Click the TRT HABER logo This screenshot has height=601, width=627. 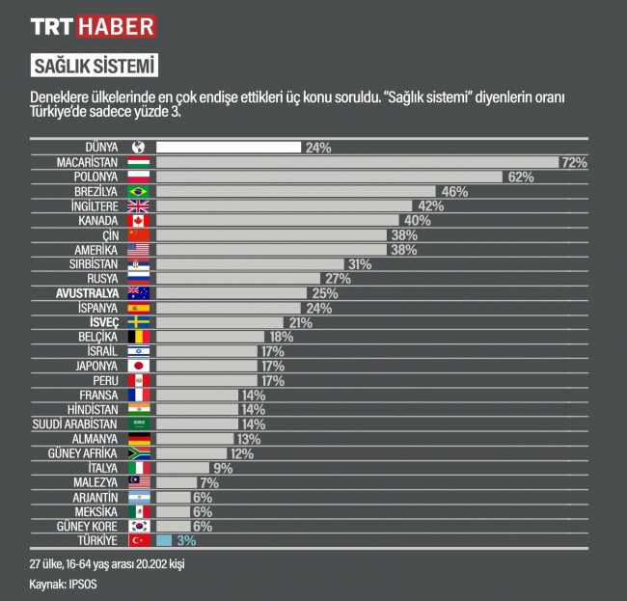click(94, 25)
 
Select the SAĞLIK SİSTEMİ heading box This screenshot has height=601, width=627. click(94, 66)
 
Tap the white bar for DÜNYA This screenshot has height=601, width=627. click(229, 148)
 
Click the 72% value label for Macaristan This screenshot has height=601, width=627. click(575, 162)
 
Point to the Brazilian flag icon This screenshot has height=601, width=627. click(139, 192)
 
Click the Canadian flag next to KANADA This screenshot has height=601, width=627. click(139, 221)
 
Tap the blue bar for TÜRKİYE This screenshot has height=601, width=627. click(164, 540)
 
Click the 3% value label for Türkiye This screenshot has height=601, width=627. click(186, 540)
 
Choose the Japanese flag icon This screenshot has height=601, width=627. click(139, 367)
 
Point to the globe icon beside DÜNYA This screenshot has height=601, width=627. click(139, 148)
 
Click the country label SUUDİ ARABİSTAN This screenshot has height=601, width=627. click(76, 423)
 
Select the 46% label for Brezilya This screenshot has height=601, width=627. click(454, 192)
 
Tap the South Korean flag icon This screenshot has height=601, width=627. click(139, 526)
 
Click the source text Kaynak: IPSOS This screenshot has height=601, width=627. click(63, 584)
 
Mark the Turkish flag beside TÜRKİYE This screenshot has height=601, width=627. click(139, 540)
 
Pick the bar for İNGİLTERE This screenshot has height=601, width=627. click(284, 206)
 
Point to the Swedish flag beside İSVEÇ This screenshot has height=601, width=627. click(139, 322)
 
